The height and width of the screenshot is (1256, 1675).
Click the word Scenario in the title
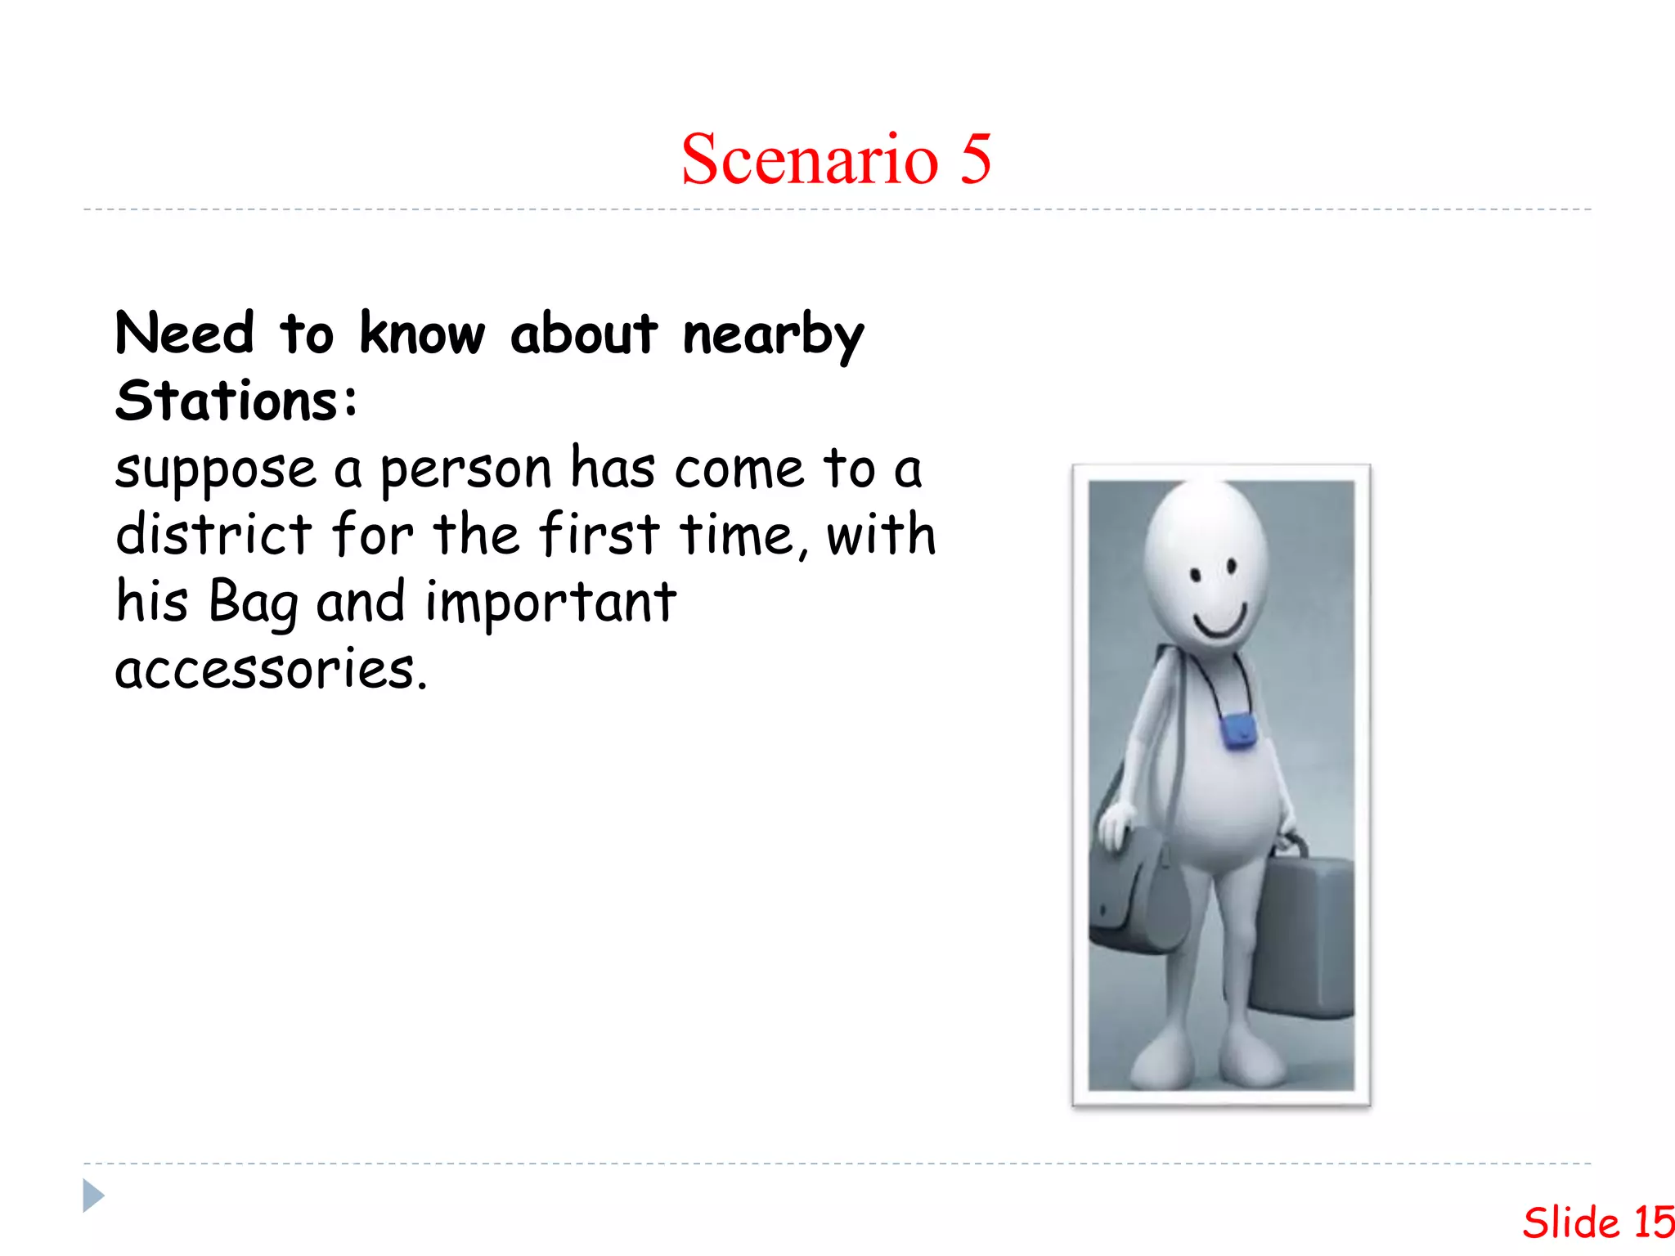pos(810,159)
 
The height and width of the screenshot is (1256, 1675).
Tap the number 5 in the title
pos(976,159)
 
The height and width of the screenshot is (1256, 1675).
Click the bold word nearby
pos(773,335)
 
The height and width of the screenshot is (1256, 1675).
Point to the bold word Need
pos(185,334)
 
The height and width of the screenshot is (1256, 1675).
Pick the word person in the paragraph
pos(466,471)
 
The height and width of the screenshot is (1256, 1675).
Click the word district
pos(213,535)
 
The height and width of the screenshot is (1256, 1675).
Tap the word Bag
pos(254,603)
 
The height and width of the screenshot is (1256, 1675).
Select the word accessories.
pos(271,669)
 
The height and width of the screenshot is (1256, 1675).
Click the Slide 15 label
pos(1597,1223)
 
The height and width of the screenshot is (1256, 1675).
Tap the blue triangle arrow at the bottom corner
pos(93,1195)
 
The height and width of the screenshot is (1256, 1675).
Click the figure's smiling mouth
pos(1220,625)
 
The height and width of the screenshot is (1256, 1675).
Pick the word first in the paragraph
pos(599,535)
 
